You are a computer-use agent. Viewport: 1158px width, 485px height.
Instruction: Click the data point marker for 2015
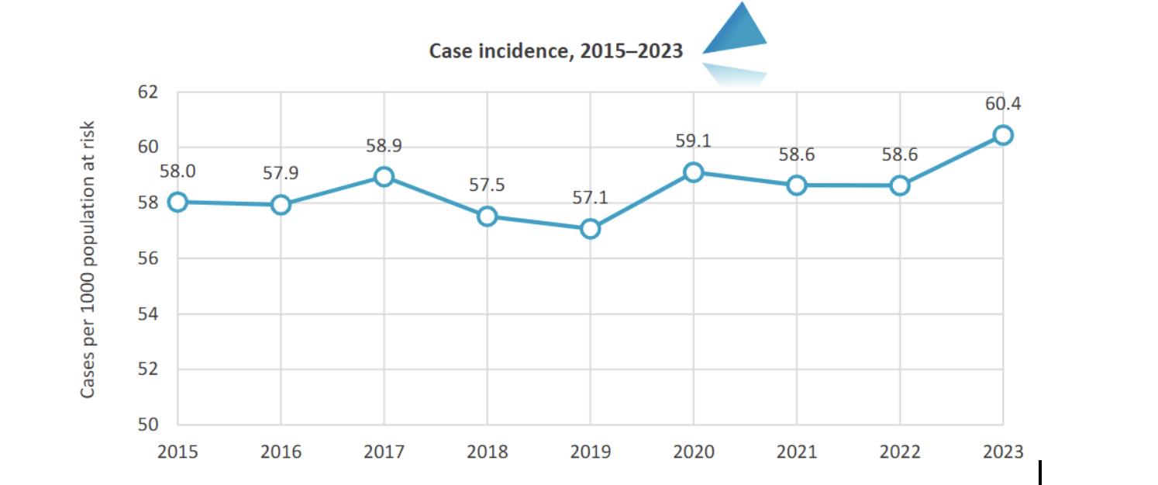[177, 202]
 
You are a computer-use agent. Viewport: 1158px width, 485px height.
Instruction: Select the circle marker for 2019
[590, 228]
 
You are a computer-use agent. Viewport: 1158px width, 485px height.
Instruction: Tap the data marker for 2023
[1003, 135]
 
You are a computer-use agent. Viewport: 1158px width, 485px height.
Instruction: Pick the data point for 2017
[384, 177]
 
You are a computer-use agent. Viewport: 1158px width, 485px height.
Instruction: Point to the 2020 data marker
[693, 171]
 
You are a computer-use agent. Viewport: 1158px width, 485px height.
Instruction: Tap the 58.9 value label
[384, 146]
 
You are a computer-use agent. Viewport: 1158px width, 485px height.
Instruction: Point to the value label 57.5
[487, 185]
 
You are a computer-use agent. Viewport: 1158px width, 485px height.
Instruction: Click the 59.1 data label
[693, 141]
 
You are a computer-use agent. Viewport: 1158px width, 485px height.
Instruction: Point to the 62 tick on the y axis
[147, 92]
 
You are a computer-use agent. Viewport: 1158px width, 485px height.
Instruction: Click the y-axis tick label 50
[147, 425]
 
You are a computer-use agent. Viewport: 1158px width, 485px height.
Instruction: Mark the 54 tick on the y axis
[147, 314]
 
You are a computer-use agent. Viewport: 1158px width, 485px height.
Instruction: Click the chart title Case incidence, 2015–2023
[556, 52]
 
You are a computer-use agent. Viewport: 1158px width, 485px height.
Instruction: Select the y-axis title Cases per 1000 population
[88, 259]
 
